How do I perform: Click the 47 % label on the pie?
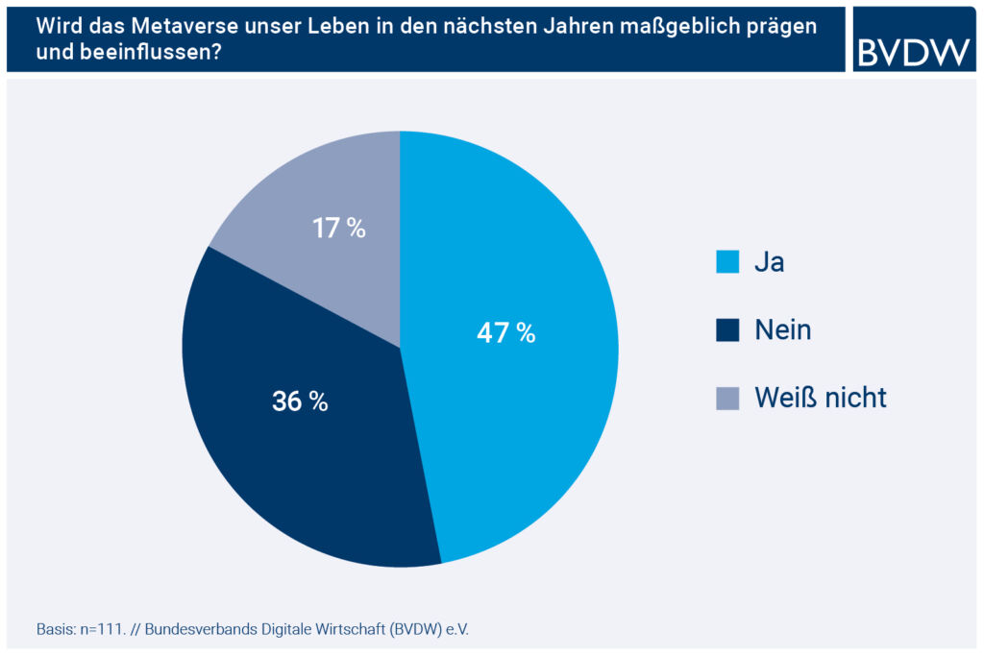coord(505,333)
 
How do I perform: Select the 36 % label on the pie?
coord(300,401)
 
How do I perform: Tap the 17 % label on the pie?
coord(338,229)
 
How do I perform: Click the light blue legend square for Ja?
coord(727,262)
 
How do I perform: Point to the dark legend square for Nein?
coord(727,330)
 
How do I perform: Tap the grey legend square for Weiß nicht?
coord(727,398)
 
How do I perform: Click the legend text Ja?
coord(770,262)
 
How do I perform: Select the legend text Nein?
coord(782,330)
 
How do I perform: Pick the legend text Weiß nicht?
coord(820,398)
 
